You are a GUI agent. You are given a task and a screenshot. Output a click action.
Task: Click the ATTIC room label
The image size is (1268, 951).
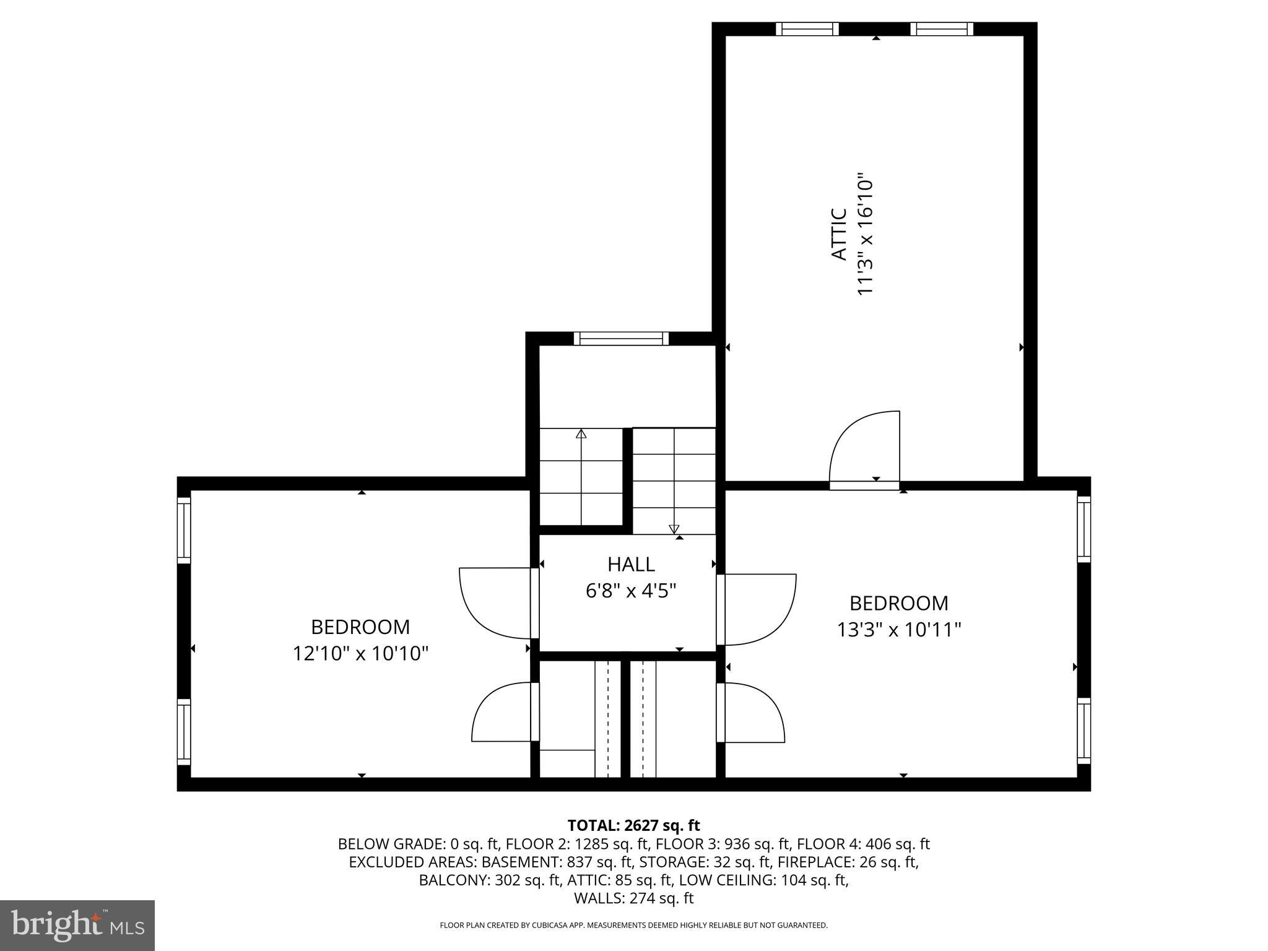click(839, 234)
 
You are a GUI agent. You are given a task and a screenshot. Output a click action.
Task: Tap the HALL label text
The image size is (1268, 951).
click(631, 564)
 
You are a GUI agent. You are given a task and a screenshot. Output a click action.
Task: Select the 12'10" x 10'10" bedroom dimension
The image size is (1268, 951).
click(360, 653)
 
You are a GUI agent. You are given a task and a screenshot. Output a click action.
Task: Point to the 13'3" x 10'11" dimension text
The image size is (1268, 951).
click(898, 630)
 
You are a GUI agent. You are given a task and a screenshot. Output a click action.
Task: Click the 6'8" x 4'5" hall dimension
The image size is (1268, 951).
click(631, 591)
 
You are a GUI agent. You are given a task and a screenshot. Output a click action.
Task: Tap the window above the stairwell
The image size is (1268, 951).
click(621, 339)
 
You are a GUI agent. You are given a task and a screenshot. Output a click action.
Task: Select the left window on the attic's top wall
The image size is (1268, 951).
click(807, 29)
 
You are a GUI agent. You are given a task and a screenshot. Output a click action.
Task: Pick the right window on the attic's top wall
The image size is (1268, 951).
click(942, 29)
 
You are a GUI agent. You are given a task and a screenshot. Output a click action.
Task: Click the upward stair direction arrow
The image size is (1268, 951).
click(581, 434)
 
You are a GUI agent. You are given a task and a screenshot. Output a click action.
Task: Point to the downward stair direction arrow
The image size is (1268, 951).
click(674, 528)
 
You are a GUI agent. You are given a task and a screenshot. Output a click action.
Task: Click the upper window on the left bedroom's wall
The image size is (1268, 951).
click(184, 530)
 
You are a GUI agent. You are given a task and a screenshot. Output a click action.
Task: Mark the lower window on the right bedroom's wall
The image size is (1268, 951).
click(1083, 731)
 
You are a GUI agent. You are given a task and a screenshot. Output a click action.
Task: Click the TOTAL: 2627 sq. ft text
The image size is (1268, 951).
click(633, 825)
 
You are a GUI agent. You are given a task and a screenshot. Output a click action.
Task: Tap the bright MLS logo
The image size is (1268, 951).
click(77, 925)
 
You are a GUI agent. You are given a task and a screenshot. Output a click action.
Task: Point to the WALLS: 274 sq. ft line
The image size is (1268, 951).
click(633, 898)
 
